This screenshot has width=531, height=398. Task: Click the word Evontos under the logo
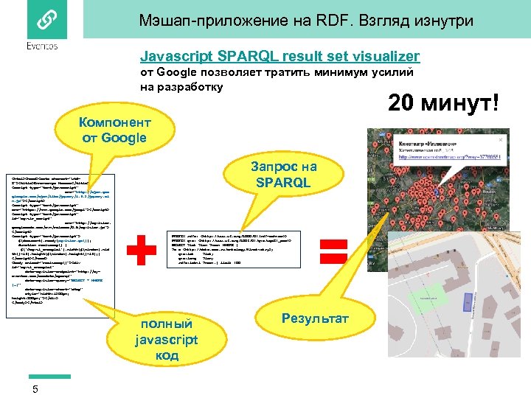coord(41,46)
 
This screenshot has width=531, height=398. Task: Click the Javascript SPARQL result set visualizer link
coord(280,56)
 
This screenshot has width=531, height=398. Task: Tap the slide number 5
coord(35,389)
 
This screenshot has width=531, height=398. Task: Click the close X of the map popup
coord(502,139)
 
